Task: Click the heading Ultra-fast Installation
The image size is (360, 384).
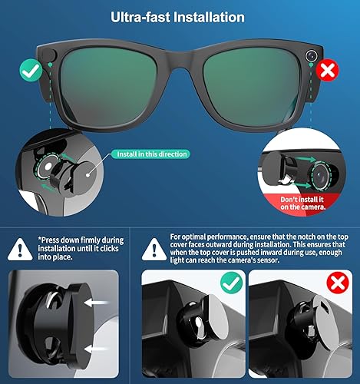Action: click(x=180, y=16)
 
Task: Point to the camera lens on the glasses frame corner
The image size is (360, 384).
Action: click(x=311, y=55)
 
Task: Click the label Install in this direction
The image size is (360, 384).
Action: click(x=151, y=154)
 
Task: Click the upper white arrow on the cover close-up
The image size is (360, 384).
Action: click(x=97, y=303)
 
